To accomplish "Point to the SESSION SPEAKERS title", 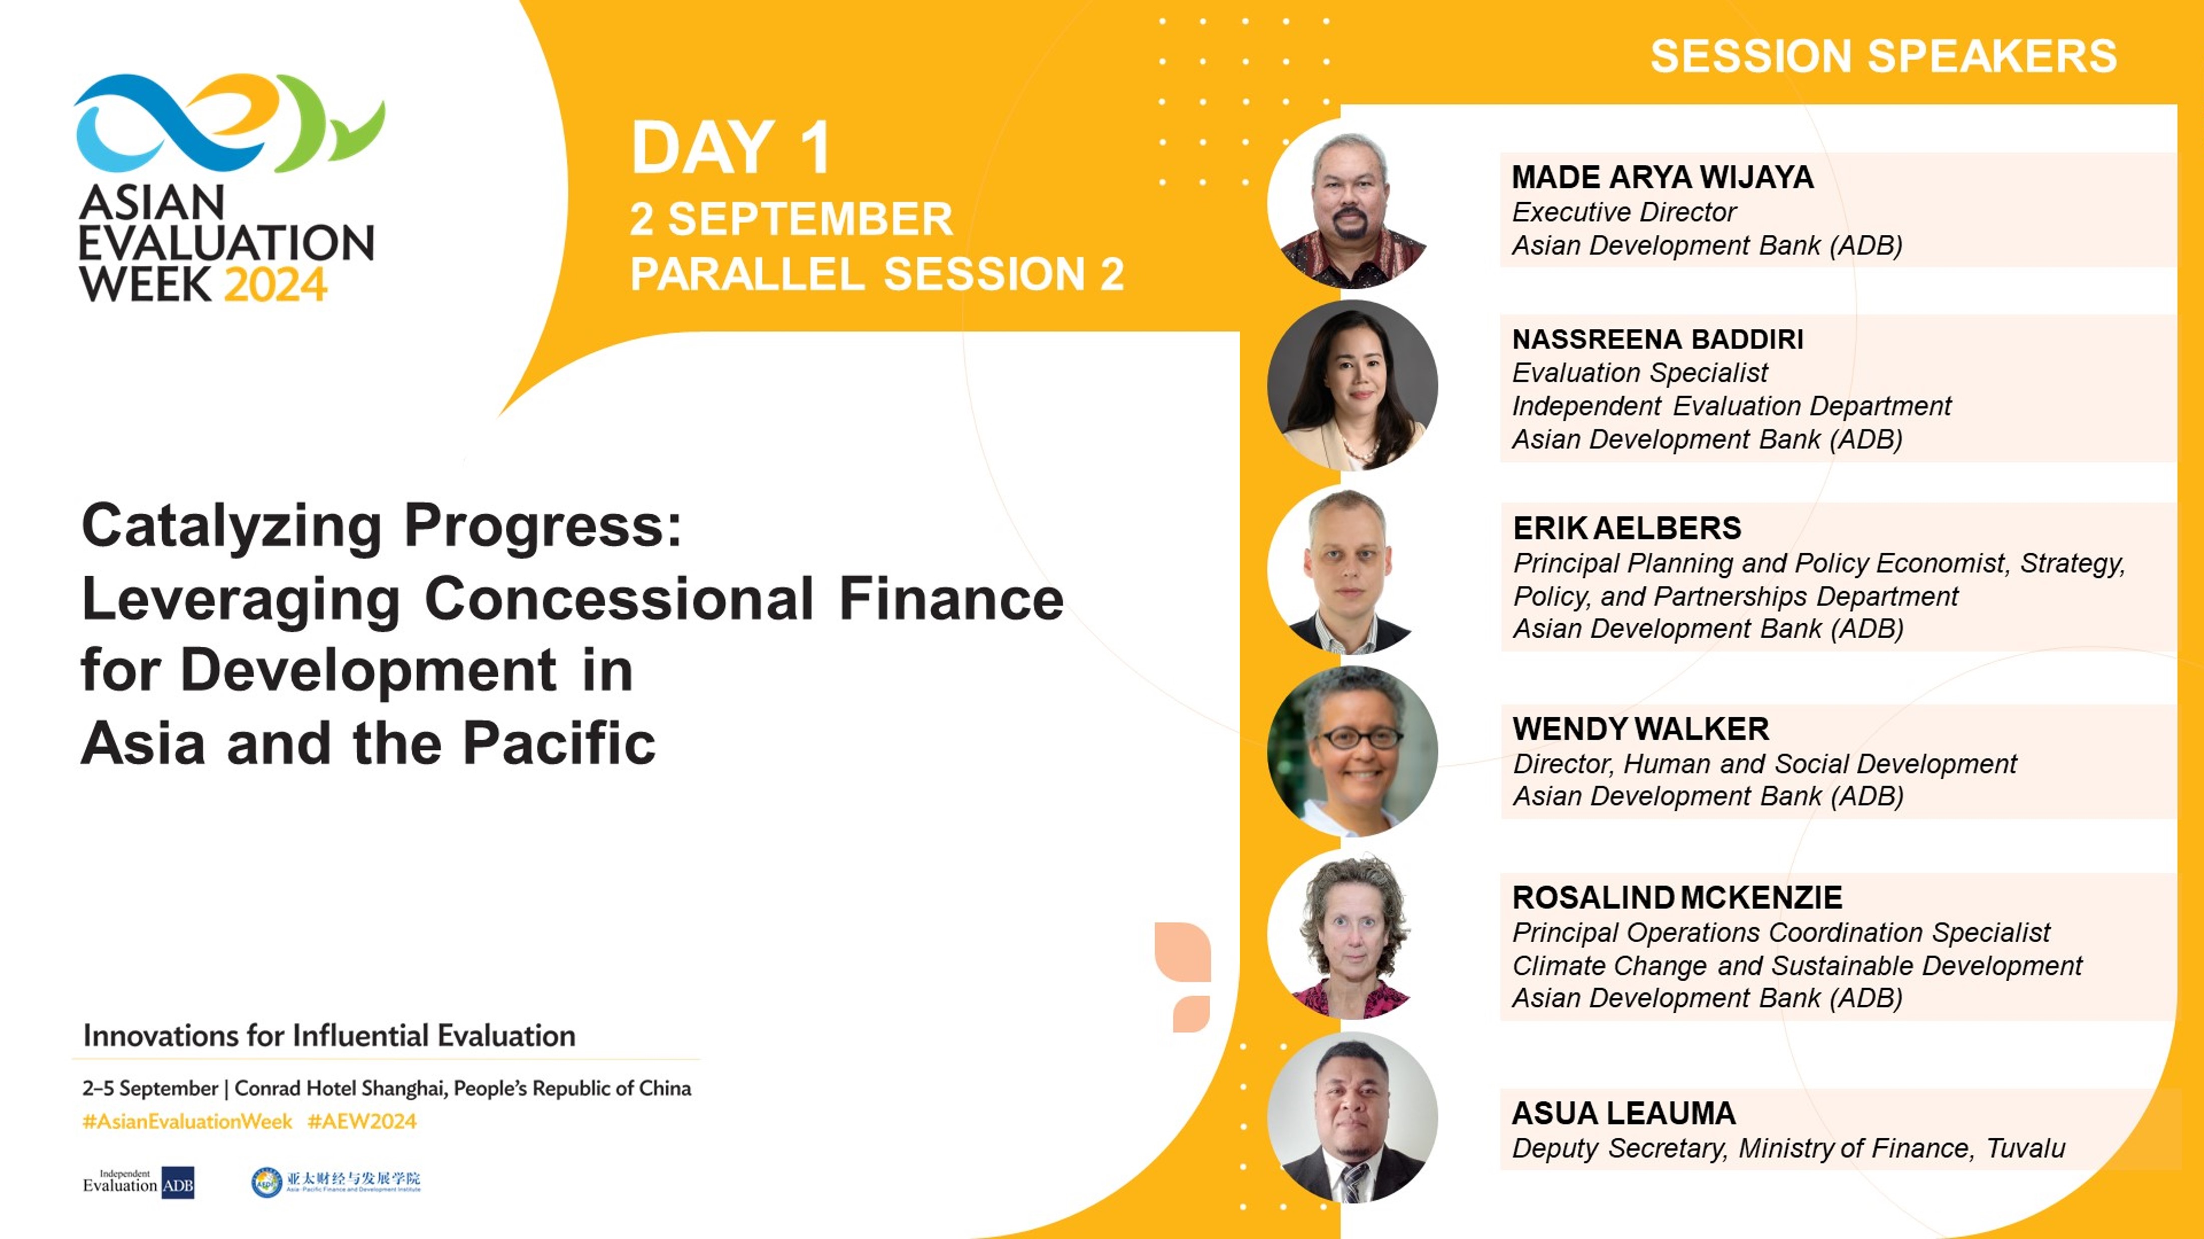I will [1883, 57].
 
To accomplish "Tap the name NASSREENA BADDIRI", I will [1658, 339].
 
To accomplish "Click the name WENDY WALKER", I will [1640, 728].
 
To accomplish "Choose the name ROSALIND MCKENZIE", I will [1677, 897].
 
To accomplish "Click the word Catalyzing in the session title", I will [231, 526].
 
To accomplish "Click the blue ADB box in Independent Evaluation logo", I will [178, 1184].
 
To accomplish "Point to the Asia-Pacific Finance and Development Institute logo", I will [336, 1182].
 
